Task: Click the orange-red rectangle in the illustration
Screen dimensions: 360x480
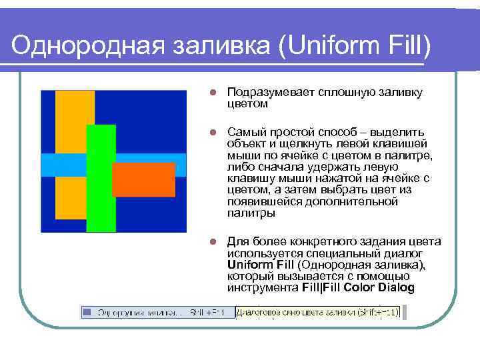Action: coord(143,179)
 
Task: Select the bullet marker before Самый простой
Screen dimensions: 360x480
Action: coord(211,132)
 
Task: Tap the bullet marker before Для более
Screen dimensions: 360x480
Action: coord(211,241)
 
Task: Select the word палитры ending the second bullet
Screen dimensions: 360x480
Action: coord(251,213)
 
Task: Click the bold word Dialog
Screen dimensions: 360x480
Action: coord(396,288)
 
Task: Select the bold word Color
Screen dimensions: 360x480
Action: coord(357,288)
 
